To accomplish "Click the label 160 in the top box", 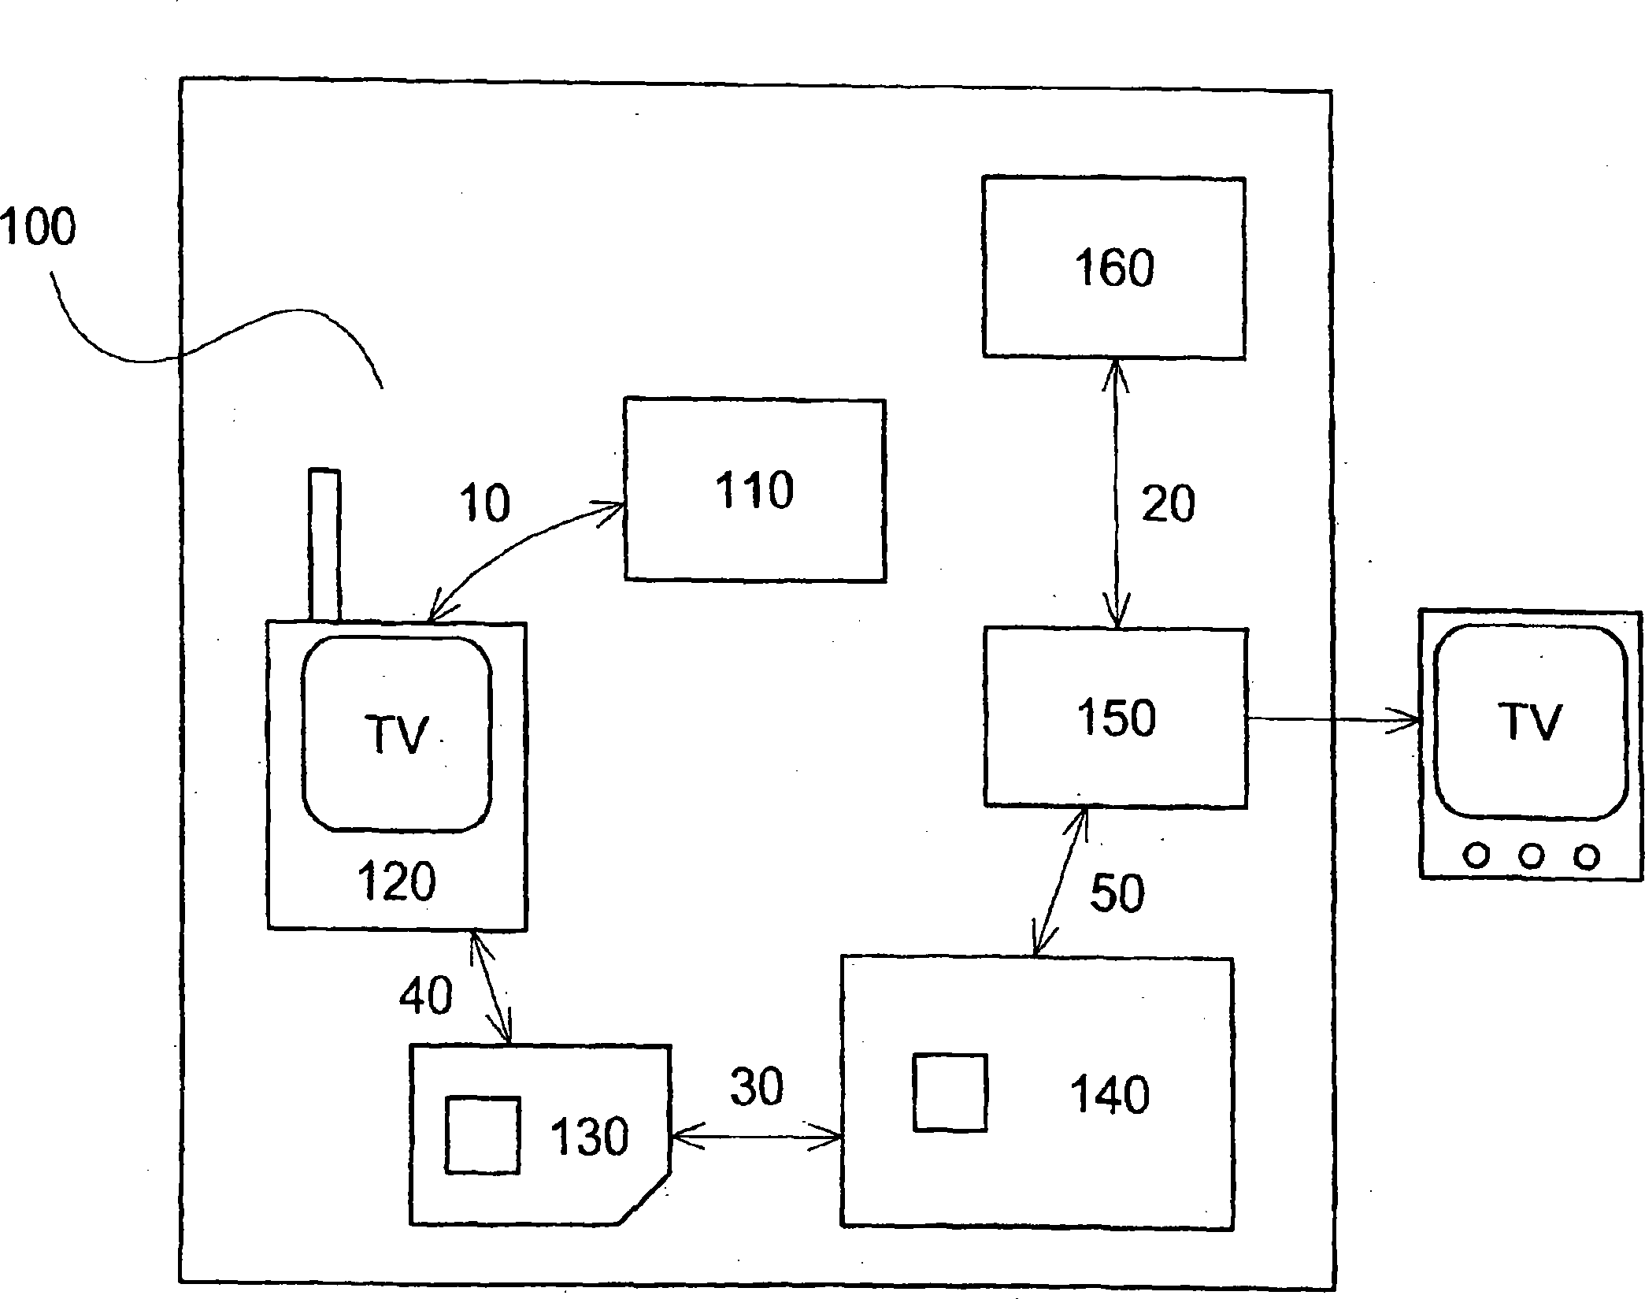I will [1114, 268].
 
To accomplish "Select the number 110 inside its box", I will [754, 490].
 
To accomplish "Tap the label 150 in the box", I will [1117, 718].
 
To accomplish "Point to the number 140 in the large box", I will [1110, 1095].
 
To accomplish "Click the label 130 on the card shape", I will [589, 1137].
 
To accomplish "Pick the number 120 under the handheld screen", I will [396, 881].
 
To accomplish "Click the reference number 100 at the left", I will [38, 226].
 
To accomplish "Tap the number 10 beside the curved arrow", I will [484, 503].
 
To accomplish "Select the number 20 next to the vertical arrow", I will [1169, 503].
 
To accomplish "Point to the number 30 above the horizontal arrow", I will [757, 1087].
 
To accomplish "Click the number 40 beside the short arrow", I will [425, 994].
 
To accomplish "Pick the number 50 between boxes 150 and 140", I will [1117, 893].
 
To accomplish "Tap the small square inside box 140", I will [950, 1094].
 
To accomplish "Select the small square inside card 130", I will [483, 1135].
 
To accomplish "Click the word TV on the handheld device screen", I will [396, 735].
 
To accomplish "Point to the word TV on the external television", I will [1529, 722].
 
